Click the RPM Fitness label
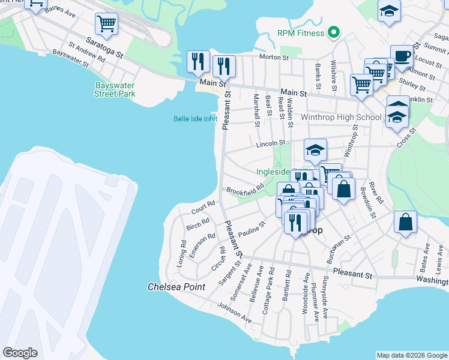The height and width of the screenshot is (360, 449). (x=301, y=33)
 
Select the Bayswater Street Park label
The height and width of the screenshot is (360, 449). (x=115, y=89)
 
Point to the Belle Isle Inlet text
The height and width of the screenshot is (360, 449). (x=195, y=119)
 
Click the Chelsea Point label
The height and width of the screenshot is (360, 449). (x=176, y=287)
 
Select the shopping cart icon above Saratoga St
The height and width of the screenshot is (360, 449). (x=106, y=24)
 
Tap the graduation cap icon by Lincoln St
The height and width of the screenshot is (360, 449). (x=315, y=150)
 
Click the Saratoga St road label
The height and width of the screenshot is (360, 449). (x=104, y=47)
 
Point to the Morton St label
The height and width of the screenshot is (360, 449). (x=274, y=58)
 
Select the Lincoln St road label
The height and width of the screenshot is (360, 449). (x=270, y=144)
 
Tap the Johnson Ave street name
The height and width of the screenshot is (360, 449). (x=235, y=313)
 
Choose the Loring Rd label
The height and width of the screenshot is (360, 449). (x=183, y=253)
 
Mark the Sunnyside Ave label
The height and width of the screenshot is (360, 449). (x=325, y=297)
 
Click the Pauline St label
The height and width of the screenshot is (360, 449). (x=252, y=229)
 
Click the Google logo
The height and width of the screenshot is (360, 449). (x=20, y=353)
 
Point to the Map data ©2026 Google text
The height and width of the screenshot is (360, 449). (x=411, y=355)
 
